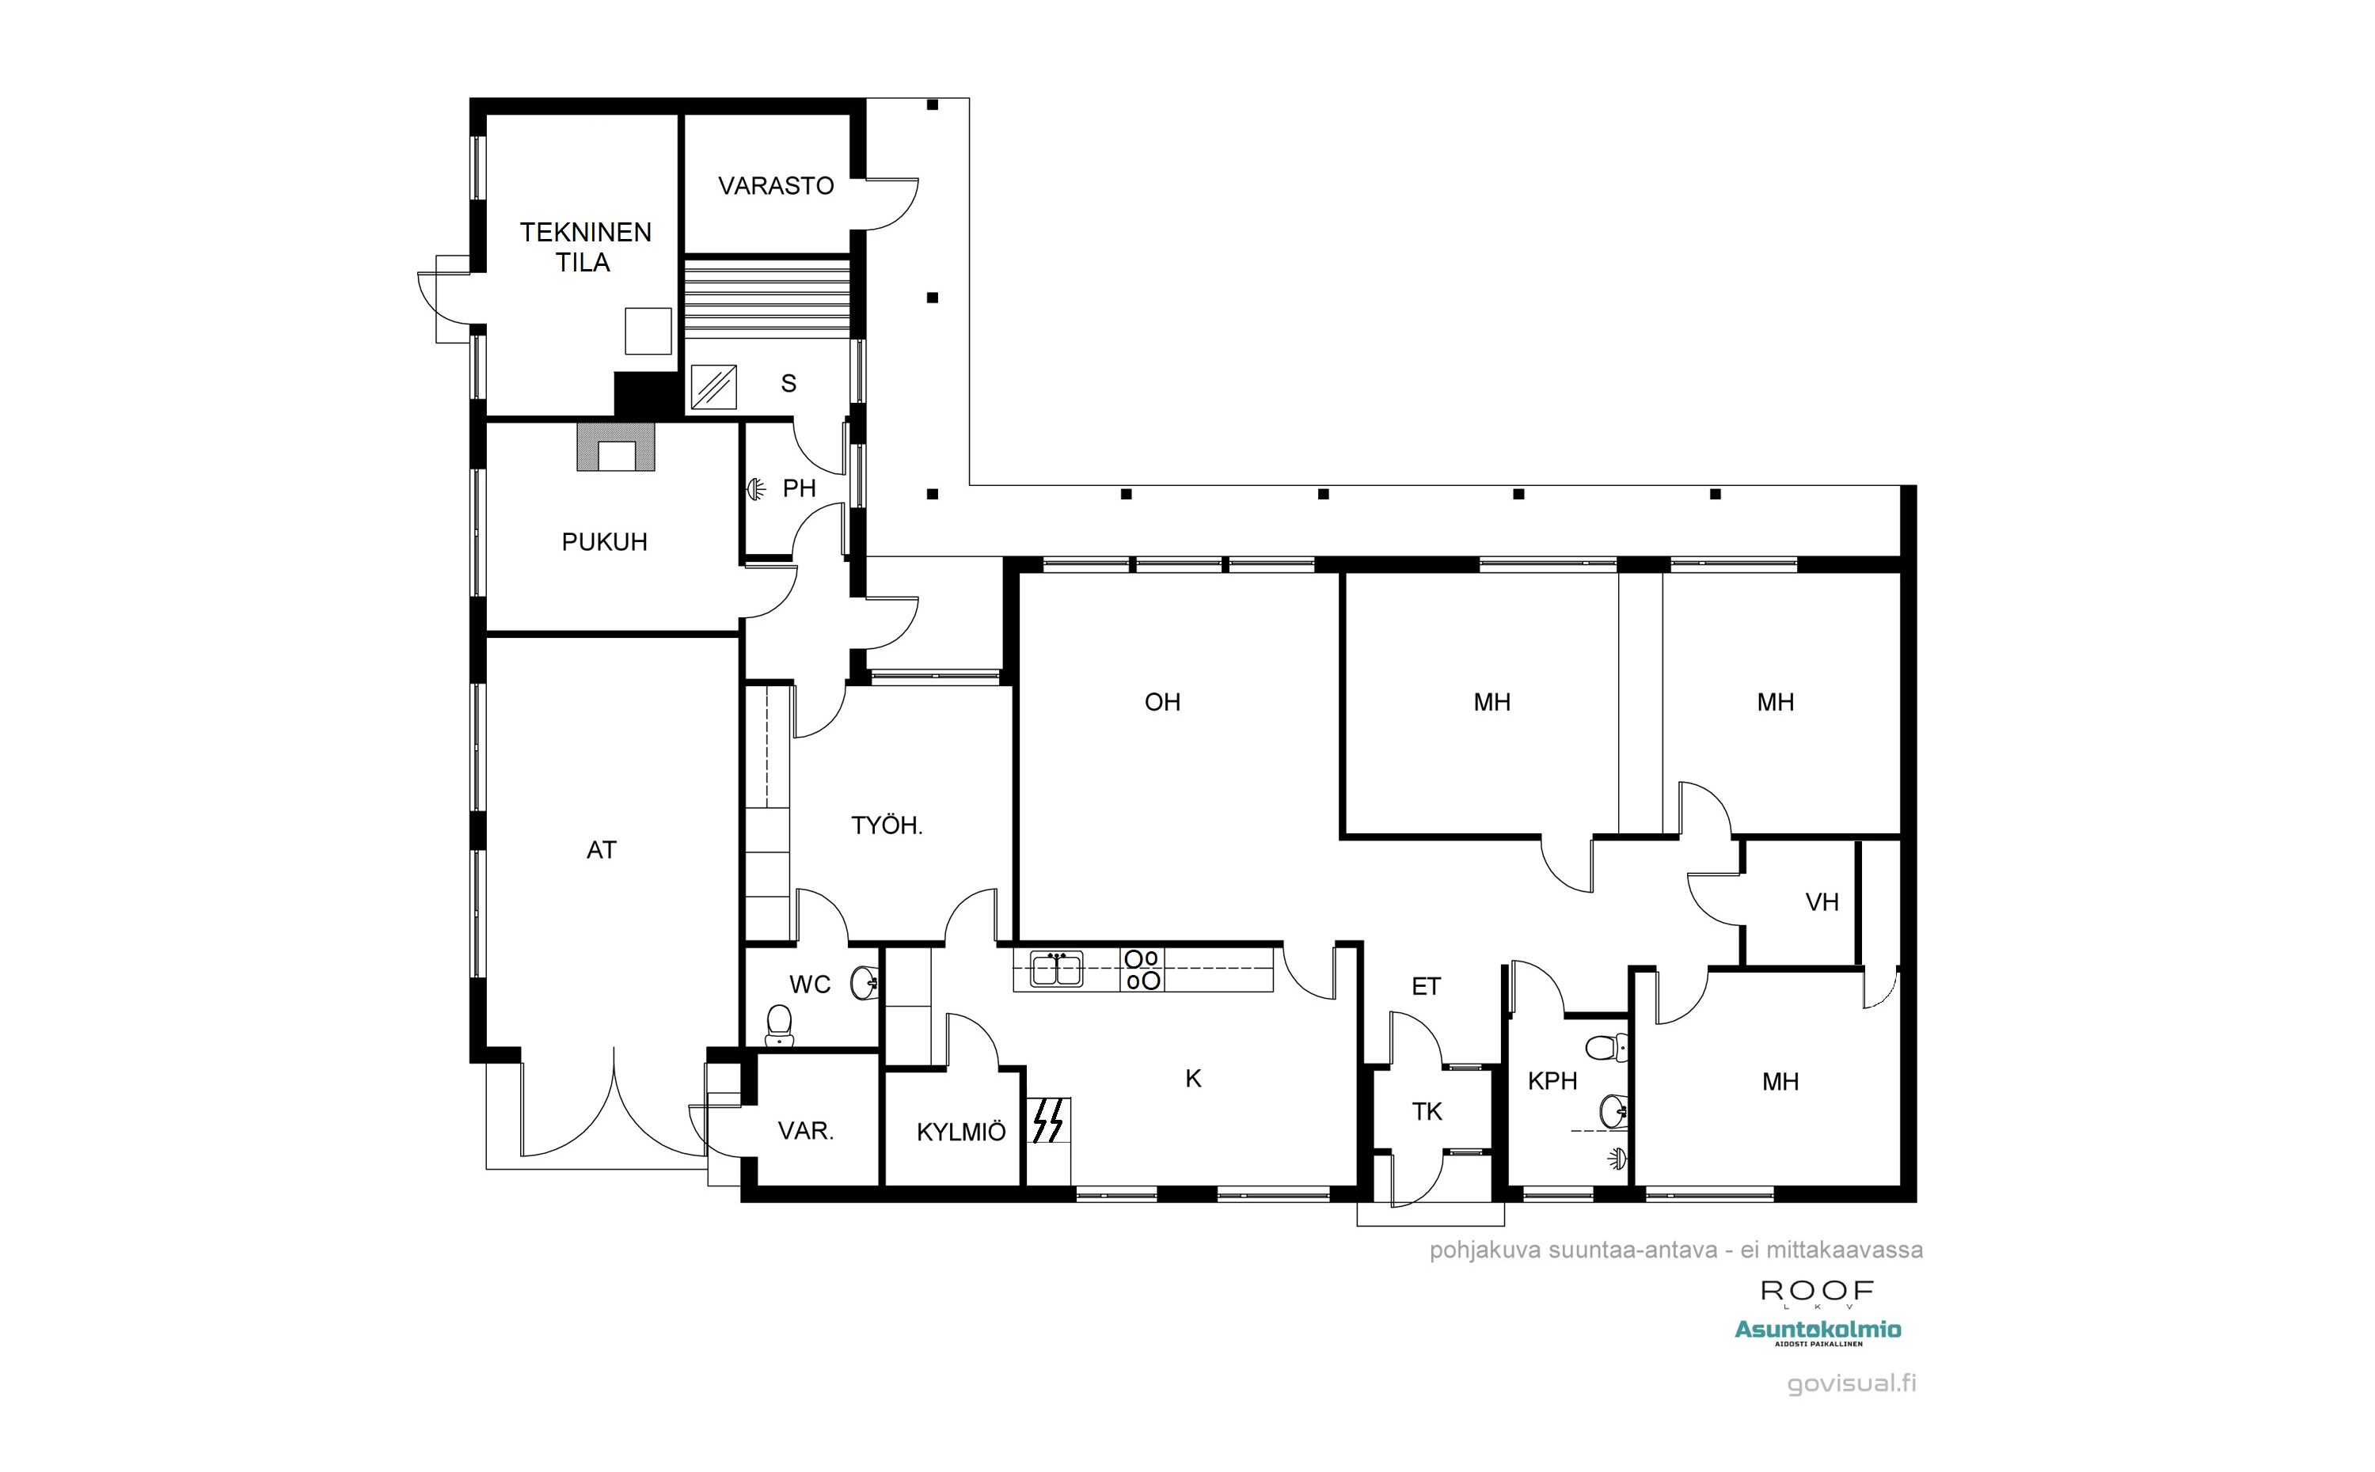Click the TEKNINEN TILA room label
pos(585,247)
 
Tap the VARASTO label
pos(776,186)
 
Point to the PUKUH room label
pos(605,542)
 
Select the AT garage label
pos(601,850)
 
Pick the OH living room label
pos(1163,702)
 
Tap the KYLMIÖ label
pos(961,1132)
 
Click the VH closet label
pos(1822,902)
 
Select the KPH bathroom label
pos(1552,1080)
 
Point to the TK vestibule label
pos(1427,1112)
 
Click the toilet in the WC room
pos(779,1025)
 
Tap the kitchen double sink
pos(1057,969)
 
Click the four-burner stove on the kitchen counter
pos(1142,969)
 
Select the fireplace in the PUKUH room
pos(615,447)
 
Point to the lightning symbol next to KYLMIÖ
pos(1049,1121)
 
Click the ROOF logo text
pos(1817,1292)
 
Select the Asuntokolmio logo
pos(1818,1331)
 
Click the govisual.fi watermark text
pos(1851,1384)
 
